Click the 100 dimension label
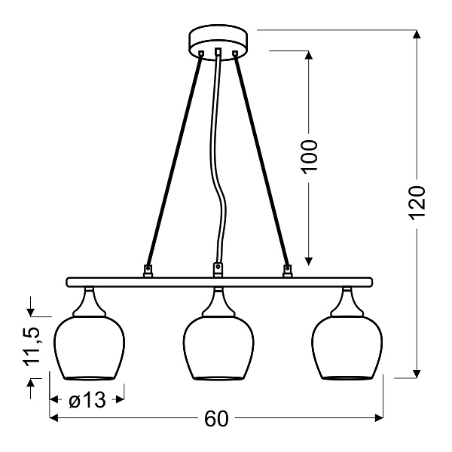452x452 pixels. point(309,156)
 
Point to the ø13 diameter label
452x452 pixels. point(87,400)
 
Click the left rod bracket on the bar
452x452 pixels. point(149,269)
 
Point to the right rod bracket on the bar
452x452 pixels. point(287,269)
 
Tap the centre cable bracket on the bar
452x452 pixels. point(218,269)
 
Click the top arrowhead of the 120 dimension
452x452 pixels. point(417,35)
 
